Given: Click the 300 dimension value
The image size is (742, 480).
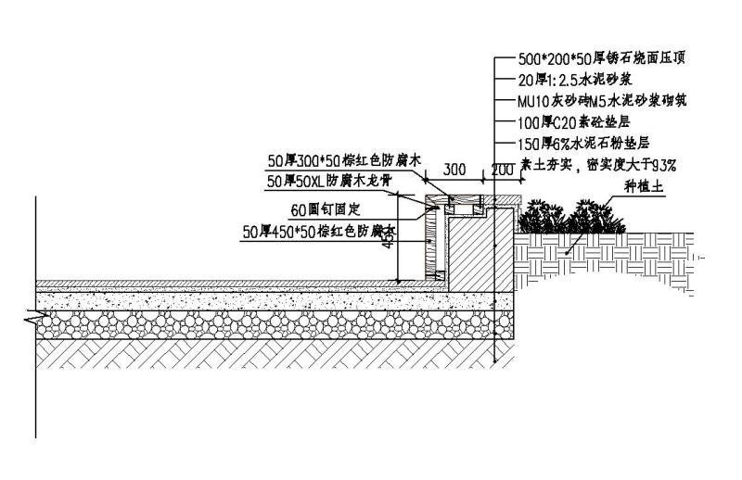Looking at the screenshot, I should pyautogui.click(x=454, y=171).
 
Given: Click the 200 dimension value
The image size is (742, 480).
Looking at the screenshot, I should pyautogui.click(x=502, y=171).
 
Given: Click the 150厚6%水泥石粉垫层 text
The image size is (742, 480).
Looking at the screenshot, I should pyautogui.click(x=583, y=144).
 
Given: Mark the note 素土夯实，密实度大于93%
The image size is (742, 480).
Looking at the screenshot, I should pyautogui.click(x=598, y=166).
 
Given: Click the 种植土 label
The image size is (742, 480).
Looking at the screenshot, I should pyautogui.click(x=640, y=186).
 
